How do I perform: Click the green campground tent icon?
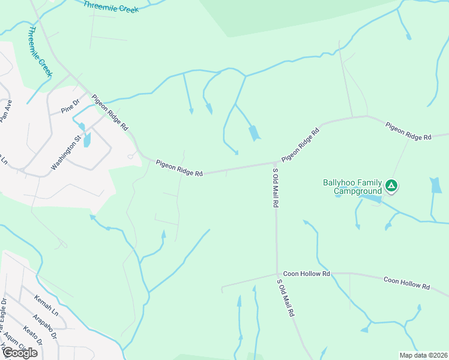[x=391, y=185]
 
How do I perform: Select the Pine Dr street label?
[x=70, y=107]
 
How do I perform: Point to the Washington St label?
[x=66, y=153]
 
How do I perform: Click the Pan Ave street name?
[x=6, y=111]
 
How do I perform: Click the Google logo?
[x=20, y=352]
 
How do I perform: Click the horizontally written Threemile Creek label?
[x=111, y=7]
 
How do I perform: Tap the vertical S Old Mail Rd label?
[x=275, y=188]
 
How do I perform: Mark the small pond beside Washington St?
[x=87, y=140]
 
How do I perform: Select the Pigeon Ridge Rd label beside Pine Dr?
[x=110, y=112]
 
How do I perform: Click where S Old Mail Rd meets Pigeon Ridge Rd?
[x=276, y=163]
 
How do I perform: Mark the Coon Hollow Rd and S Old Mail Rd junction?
[x=277, y=273]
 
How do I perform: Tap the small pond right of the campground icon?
[x=436, y=186]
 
